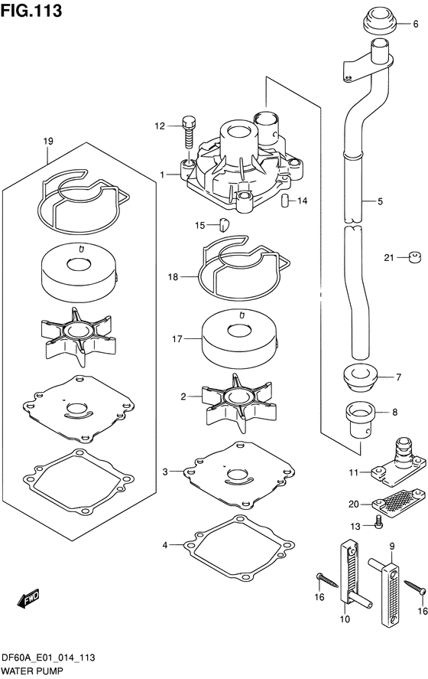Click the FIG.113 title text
pyautogui.click(x=31, y=11)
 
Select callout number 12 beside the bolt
pyautogui.click(x=160, y=126)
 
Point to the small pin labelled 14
pyautogui.click(x=284, y=201)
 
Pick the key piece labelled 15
pyautogui.click(x=225, y=225)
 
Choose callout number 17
pyautogui.click(x=177, y=339)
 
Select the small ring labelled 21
pyautogui.click(x=415, y=258)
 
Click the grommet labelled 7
pyautogui.click(x=360, y=377)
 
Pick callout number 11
pyautogui.click(x=354, y=472)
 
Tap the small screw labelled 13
pyautogui.click(x=378, y=522)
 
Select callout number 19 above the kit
pyautogui.click(x=48, y=141)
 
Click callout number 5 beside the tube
pyautogui.click(x=380, y=201)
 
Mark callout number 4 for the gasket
pyautogui.click(x=165, y=545)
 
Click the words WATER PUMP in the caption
pyautogui.click(x=33, y=671)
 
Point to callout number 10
pyautogui.click(x=345, y=619)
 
